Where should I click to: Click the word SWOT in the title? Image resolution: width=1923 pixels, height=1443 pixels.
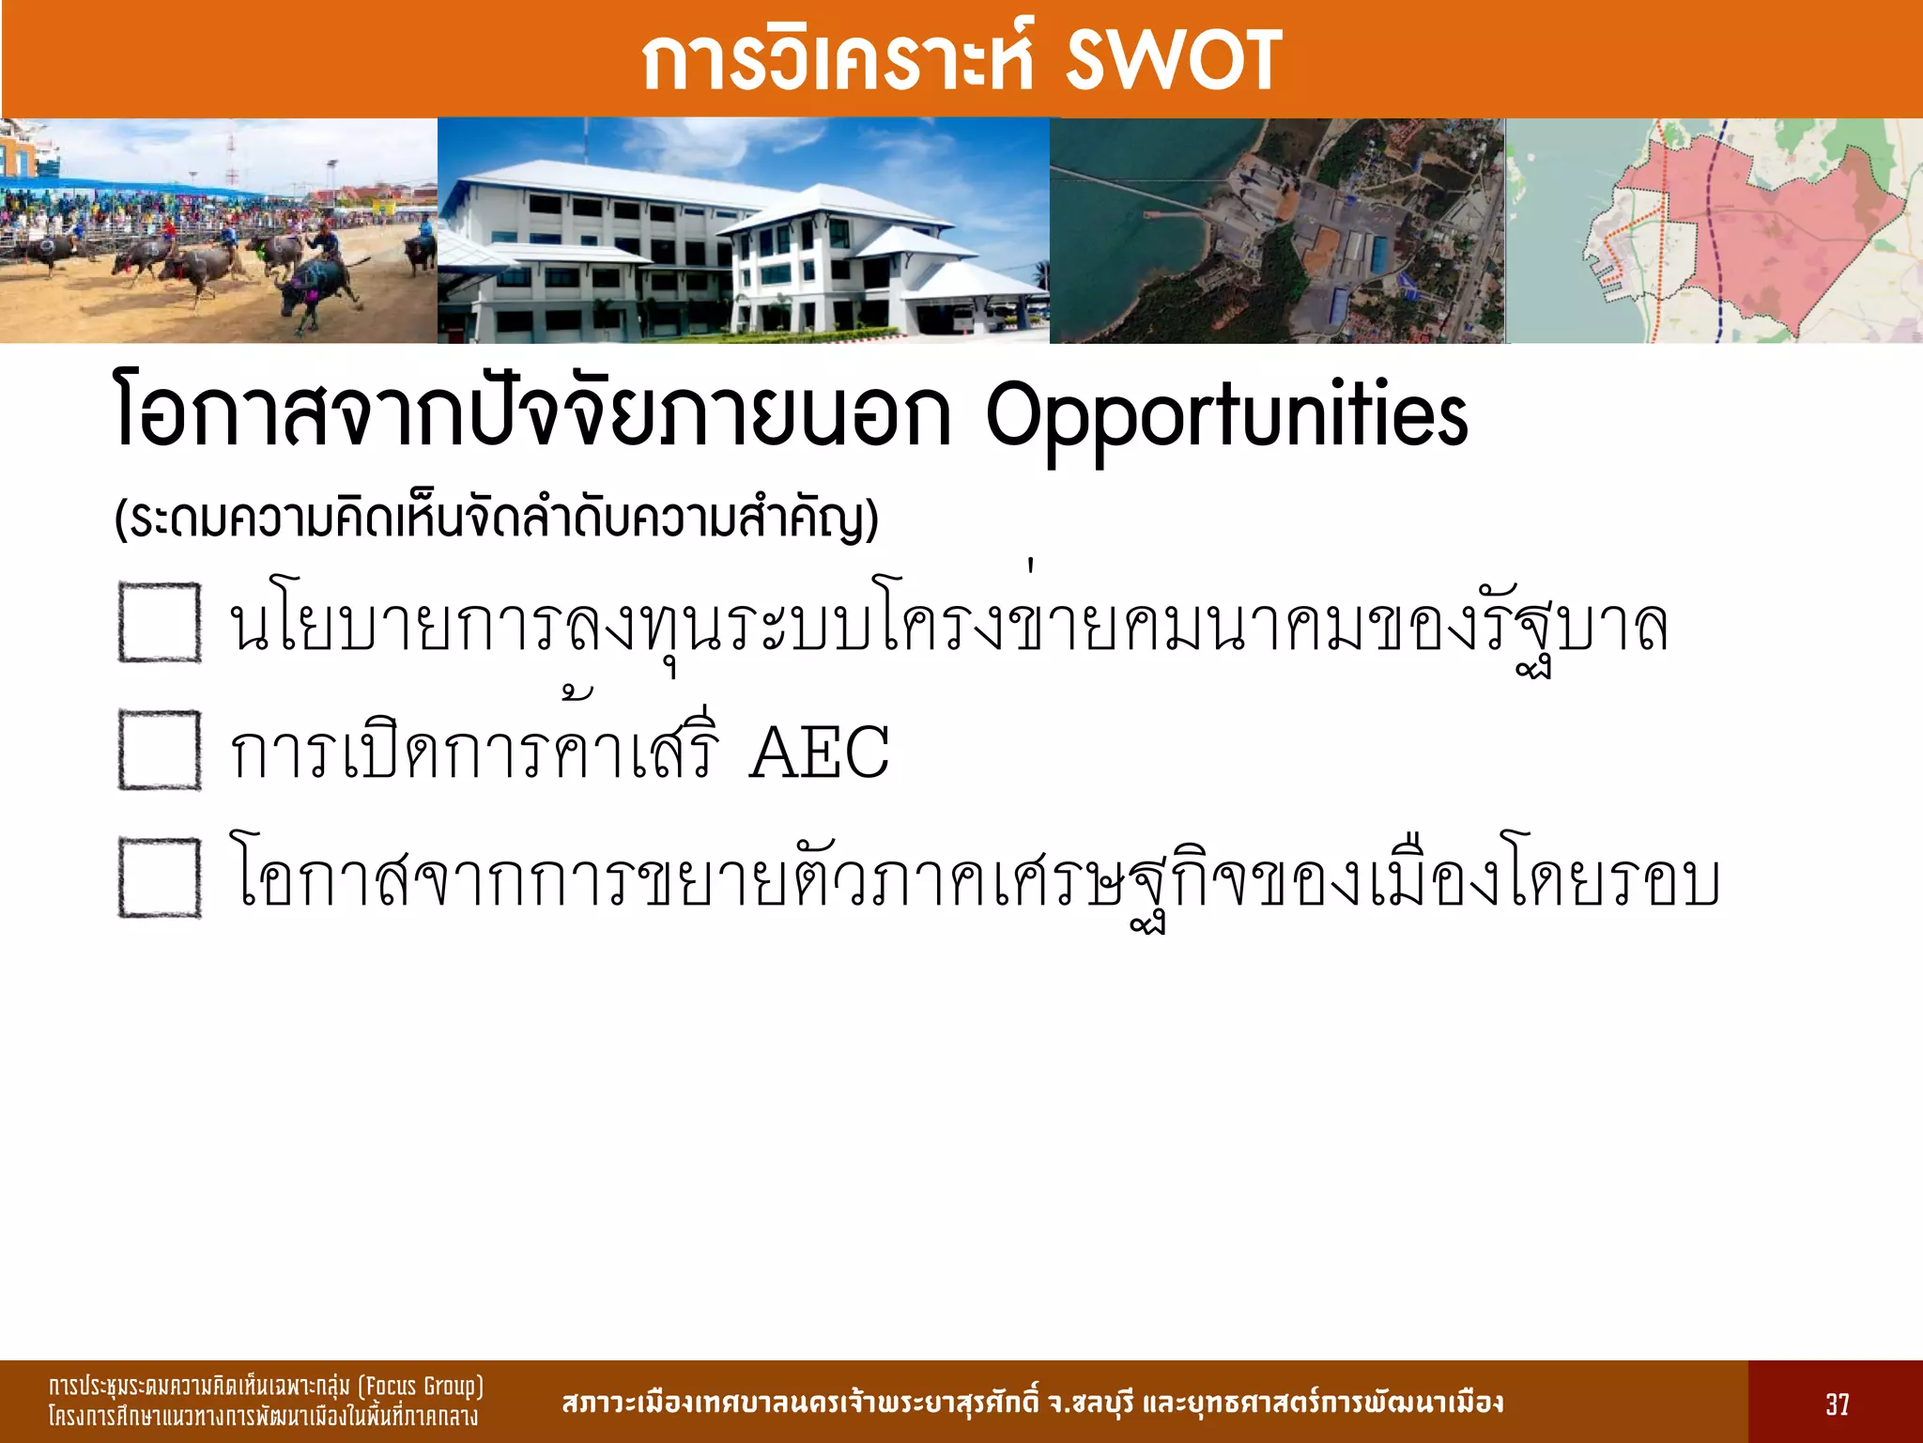[x=1174, y=60]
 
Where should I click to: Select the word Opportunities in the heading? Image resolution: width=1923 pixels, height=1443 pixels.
[x=1225, y=417]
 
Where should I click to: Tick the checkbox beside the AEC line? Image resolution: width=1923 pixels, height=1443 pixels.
[x=160, y=750]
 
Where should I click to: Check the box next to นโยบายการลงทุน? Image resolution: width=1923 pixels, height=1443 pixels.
[x=160, y=622]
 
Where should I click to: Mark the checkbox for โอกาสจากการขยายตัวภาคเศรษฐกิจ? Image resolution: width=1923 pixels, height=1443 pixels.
[x=160, y=877]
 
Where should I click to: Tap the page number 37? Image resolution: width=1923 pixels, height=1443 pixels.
[x=1837, y=1404]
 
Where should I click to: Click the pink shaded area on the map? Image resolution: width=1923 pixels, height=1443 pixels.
[x=1765, y=235]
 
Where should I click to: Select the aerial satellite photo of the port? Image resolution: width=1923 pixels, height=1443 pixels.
[x=1277, y=230]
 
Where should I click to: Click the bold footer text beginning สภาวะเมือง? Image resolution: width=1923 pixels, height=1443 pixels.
[x=1033, y=1404]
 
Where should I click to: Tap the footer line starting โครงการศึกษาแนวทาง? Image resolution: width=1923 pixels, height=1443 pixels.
[x=263, y=1417]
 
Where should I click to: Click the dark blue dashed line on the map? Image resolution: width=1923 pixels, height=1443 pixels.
[x=1715, y=235]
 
